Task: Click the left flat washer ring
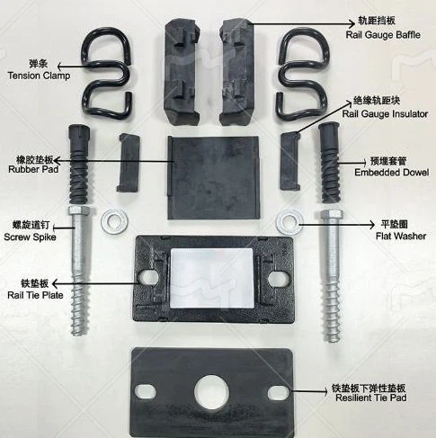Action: click(x=115, y=219)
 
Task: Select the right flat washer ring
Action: click(x=289, y=219)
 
